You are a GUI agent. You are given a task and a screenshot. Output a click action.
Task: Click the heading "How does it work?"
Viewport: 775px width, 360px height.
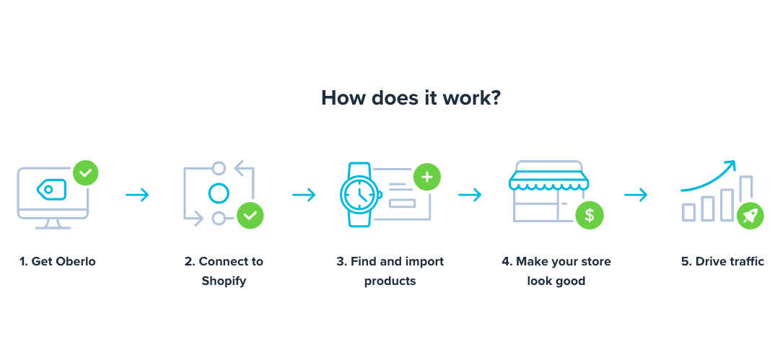tap(411, 98)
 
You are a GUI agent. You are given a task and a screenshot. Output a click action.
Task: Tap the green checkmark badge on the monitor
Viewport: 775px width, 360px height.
tap(85, 173)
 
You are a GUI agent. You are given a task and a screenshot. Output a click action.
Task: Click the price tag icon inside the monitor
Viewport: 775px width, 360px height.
tap(51, 190)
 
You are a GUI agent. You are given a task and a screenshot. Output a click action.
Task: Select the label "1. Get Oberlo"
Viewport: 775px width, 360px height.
tap(57, 261)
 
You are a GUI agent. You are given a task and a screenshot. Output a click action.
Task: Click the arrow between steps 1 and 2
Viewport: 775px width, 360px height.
tap(137, 195)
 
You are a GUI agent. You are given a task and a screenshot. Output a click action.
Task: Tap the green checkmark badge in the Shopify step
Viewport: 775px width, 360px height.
tap(250, 216)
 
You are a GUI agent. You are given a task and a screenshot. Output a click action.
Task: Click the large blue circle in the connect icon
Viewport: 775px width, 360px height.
tap(219, 193)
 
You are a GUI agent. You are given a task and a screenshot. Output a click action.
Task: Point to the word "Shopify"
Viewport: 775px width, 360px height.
tap(224, 281)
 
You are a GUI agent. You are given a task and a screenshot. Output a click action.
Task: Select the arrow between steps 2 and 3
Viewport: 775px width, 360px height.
tap(304, 195)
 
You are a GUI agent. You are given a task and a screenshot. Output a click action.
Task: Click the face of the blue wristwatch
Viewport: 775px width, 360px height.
tap(359, 195)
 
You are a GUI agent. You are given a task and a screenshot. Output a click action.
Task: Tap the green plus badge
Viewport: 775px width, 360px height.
tap(427, 177)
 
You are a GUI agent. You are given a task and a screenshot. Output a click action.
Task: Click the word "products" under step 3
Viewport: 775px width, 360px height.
tap(390, 281)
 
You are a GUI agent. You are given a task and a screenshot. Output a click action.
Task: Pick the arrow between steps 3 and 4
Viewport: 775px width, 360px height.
tap(470, 195)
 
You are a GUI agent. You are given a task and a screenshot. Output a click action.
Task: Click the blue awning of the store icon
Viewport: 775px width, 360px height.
tap(549, 181)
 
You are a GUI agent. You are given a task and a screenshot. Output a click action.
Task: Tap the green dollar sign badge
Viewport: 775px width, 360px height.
tap(590, 215)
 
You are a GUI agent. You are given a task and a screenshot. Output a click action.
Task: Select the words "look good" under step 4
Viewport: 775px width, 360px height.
tap(556, 281)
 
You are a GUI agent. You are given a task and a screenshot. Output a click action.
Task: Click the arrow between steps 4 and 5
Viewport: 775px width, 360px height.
tap(636, 195)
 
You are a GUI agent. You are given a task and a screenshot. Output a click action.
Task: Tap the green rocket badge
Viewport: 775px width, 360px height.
tap(750, 216)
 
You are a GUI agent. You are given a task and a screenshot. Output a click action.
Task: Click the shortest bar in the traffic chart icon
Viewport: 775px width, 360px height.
tap(689, 212)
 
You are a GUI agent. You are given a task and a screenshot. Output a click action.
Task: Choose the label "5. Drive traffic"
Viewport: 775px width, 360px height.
tap(722, 261)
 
